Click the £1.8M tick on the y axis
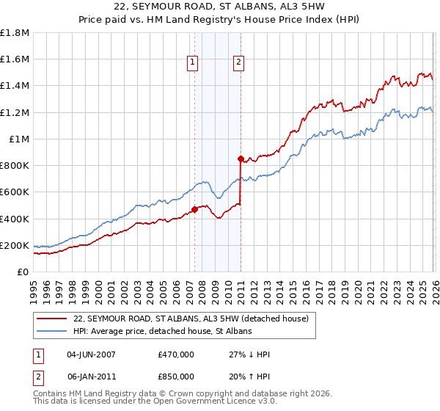[x=15, y=33]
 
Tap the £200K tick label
[x=15, y=245]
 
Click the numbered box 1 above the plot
[x=192, y=63]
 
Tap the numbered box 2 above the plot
[x=239, y=63]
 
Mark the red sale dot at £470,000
[x=194, y=209]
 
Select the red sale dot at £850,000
[x=241, y=159]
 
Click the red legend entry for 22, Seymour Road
[x=191, y=319]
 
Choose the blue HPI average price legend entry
[x=162, y=332]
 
